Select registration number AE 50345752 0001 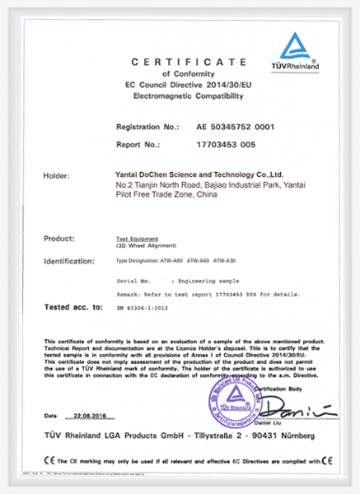(x=233, y=128)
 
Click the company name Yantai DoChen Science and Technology (x=199, y=175)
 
